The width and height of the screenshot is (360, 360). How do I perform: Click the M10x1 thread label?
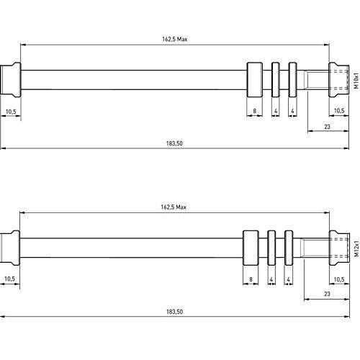point(355,79)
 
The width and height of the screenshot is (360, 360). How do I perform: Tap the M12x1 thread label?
point(355,249)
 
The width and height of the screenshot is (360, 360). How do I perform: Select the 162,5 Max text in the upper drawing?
point(173,39)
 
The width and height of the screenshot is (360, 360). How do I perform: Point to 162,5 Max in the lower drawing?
point(173,207)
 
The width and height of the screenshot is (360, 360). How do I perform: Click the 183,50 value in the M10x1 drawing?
point(174,143)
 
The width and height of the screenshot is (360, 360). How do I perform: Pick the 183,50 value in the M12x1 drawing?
point(174,311)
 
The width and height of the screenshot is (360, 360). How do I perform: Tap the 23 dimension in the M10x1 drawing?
point(328,127)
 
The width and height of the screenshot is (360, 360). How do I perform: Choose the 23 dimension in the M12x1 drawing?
point(326,294)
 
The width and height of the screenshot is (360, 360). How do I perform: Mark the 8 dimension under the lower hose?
point(250,279)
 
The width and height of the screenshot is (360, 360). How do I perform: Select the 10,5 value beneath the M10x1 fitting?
point(340,111)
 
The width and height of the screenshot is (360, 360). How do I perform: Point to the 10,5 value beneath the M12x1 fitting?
point(340,279)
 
